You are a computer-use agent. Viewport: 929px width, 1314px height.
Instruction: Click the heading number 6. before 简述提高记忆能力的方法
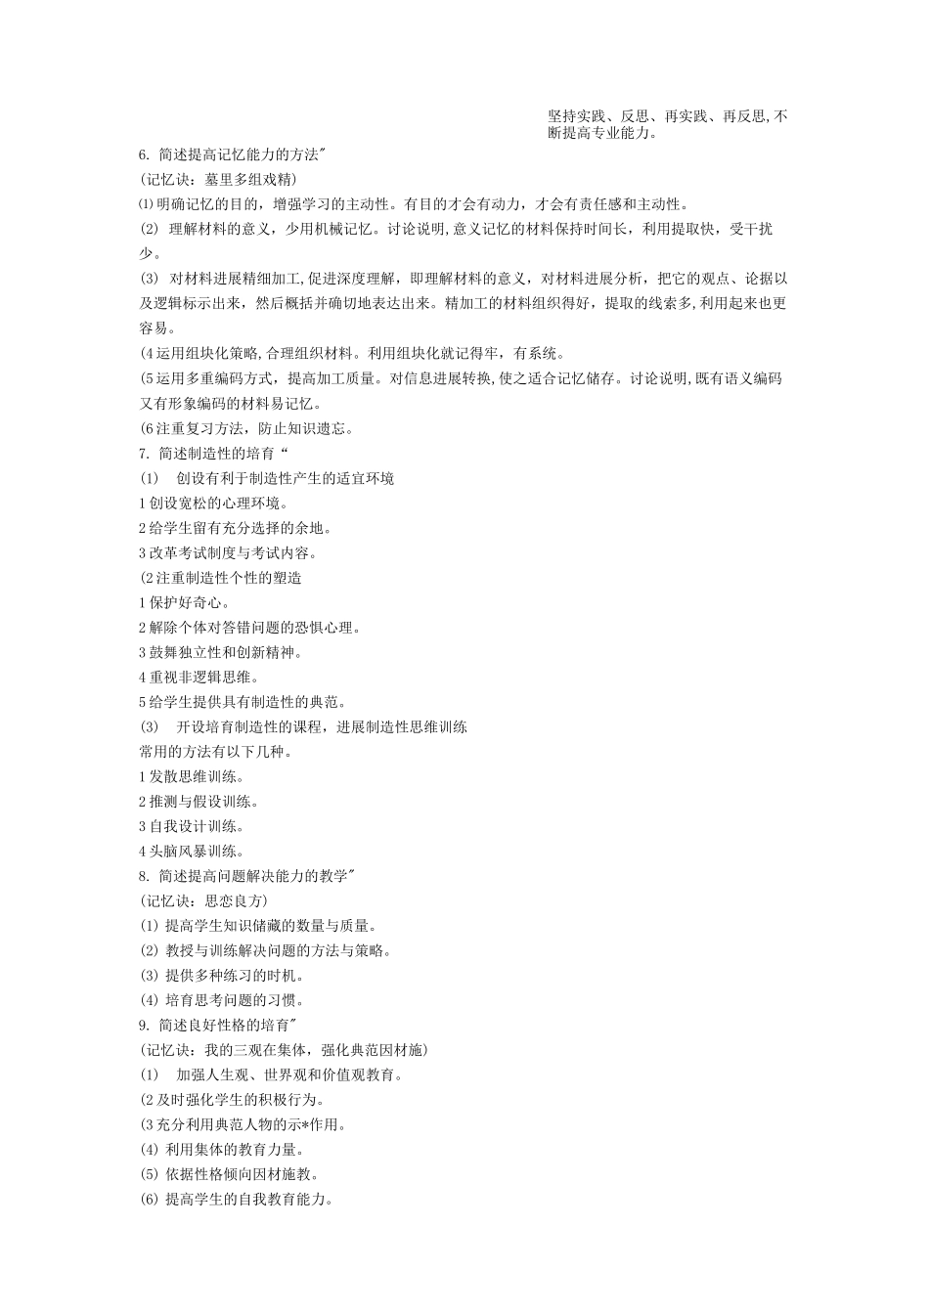coord(145,154)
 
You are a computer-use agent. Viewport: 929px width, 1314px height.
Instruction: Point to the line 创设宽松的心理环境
coord(214,503)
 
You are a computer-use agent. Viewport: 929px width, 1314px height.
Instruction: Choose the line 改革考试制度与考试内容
coord(229,552)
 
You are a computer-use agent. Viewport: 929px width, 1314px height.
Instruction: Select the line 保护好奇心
coord(185,602)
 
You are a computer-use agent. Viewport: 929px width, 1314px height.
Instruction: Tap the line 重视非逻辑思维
coord(199,677)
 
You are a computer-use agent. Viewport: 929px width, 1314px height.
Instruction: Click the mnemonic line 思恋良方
coord(203,900)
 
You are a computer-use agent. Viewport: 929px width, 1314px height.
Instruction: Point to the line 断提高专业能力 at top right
coord(601,133)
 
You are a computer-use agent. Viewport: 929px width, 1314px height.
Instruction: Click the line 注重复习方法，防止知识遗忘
coord(247,428)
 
